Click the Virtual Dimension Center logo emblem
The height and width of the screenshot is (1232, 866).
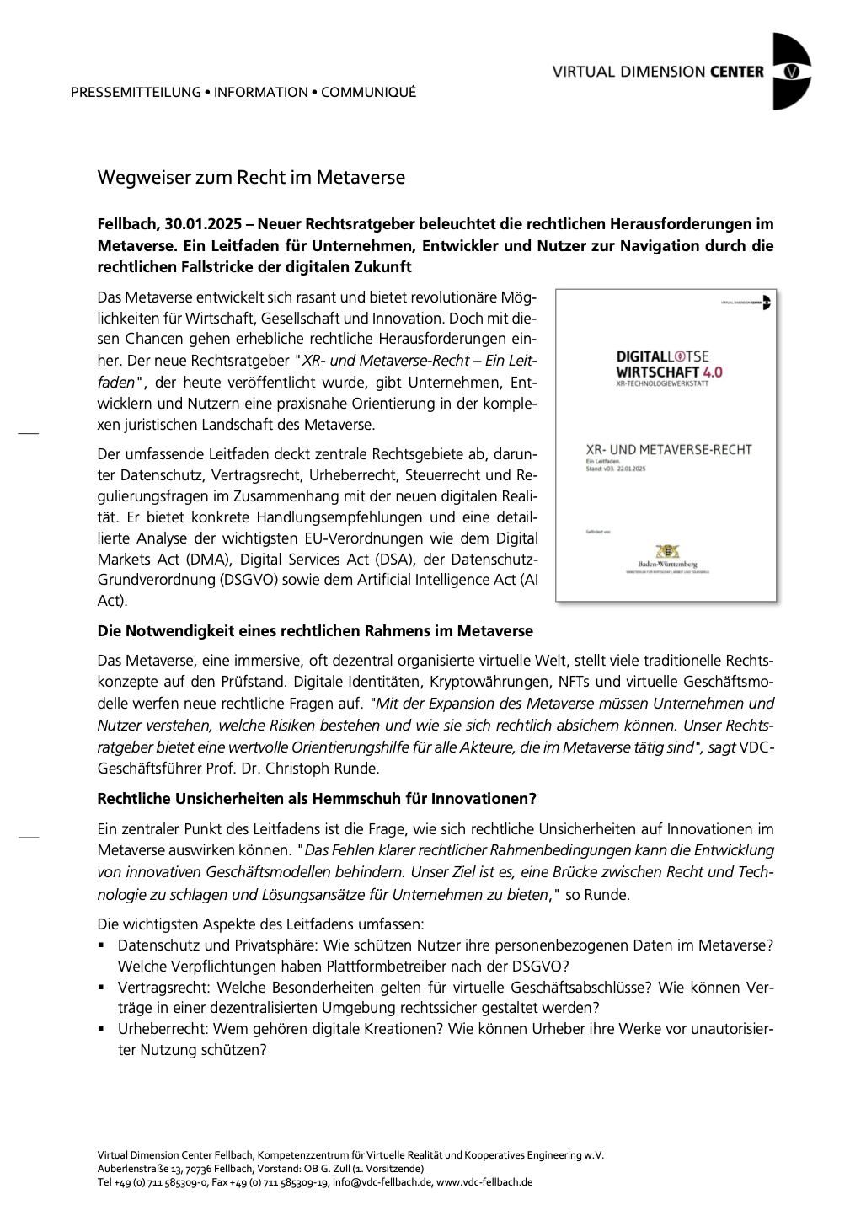point(790,72)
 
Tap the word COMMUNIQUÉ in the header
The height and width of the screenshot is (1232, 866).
point(368,93)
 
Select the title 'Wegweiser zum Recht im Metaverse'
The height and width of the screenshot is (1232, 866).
point(251,178)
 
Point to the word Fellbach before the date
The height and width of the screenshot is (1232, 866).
point(126,224)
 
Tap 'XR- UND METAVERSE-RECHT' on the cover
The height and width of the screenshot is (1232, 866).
point(668,450)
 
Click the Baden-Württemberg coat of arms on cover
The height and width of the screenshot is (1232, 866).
point(667,551)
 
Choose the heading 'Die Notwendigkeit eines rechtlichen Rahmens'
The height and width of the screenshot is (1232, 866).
point(315,631)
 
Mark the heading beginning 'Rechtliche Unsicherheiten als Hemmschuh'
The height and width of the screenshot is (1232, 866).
point(317,799)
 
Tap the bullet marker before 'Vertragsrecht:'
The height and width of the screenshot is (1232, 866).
point(101,988)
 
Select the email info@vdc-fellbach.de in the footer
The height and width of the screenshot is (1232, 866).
point(382,1182)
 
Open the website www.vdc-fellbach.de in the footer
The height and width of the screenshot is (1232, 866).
point(484,1182)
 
